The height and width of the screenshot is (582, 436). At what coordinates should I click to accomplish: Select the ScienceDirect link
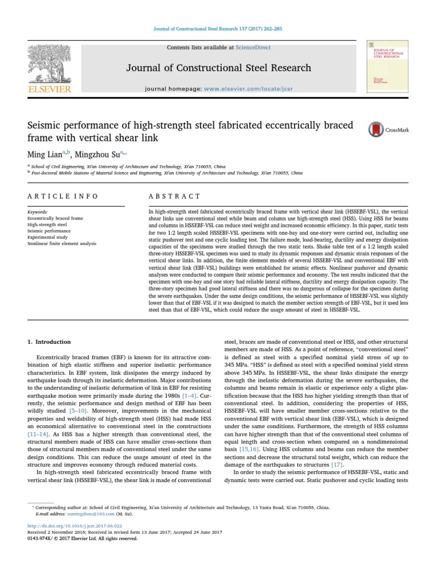254,48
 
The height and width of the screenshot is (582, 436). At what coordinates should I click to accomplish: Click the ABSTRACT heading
174,196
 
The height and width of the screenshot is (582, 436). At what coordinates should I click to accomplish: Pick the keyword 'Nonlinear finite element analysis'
61,243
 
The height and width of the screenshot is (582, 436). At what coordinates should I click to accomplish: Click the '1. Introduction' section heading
49,342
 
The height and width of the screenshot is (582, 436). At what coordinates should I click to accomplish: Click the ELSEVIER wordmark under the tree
49,89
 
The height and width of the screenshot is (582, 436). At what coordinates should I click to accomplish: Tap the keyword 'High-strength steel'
47,225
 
